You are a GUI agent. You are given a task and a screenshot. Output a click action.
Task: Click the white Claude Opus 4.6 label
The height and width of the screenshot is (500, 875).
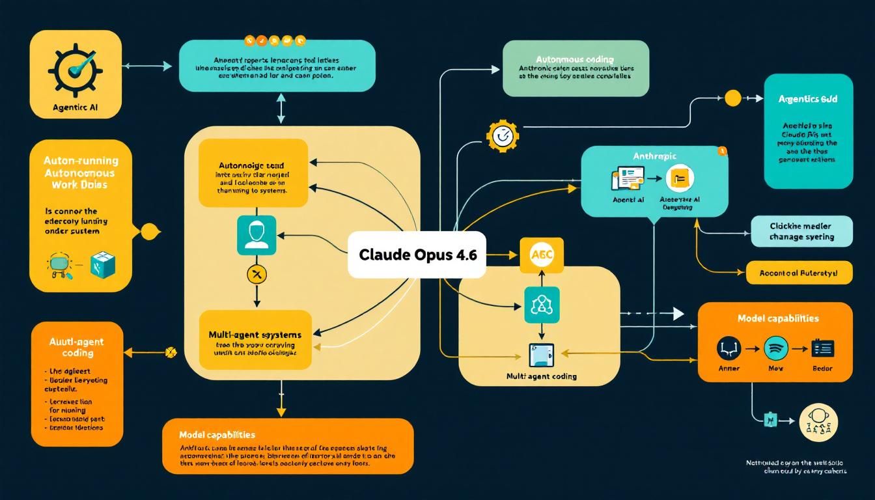pyautogui.click(x=417, y=255)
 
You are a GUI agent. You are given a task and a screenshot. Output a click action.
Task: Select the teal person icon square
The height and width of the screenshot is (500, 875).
pyautogui.click(x=257, y=235)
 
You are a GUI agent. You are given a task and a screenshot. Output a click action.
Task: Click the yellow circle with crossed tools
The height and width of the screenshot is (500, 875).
pyautogui.click(x=257, y=274)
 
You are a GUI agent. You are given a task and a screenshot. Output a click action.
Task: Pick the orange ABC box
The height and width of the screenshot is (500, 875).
pyautogui.click(x=541, y=255)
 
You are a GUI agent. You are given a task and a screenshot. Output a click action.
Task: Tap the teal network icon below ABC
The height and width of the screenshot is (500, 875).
pyautogui.click(x=541, y=305)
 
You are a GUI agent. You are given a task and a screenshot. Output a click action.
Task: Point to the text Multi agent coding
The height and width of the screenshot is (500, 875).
pyautogui.click(x=541, y=376)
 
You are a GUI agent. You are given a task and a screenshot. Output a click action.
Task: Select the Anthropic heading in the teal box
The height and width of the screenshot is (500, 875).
pyautogui.click(x=654, y=156)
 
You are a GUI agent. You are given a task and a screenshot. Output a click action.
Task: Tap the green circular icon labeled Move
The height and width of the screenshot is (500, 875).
pyautogui.click(x=775, y=348)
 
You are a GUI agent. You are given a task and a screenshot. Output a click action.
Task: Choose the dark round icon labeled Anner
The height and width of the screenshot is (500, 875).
pyautogui.click(x=729, y=348)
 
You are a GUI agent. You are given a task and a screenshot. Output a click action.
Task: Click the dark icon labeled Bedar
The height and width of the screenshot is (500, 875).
pyautogui.click(x=822, y=348)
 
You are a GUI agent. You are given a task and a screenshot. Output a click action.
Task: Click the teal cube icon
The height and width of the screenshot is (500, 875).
pyautogui.click(x=103, y=264)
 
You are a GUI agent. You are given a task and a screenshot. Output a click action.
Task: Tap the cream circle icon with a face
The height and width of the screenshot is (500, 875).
pyautogui.click(x=818, y=421)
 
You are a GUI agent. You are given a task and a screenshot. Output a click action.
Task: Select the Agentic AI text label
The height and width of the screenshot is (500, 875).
pyautogui.click(x=76, y=107)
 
